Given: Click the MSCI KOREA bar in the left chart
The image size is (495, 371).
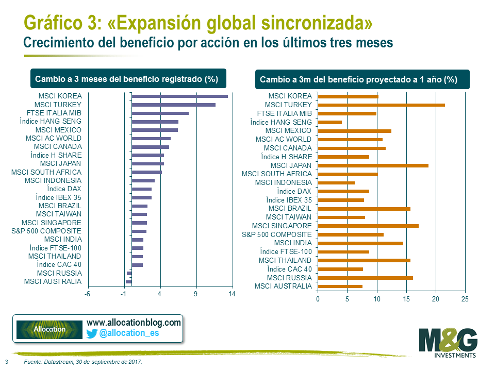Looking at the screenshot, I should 179,96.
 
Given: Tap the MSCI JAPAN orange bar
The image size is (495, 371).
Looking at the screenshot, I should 373,165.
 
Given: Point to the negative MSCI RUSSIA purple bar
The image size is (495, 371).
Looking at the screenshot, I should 129,273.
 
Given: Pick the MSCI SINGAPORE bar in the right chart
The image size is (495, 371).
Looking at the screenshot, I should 368,226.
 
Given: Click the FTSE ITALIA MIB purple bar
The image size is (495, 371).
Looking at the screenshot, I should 160,113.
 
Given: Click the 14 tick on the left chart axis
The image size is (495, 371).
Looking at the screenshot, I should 232,294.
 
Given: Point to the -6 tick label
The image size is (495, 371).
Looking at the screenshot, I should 88,294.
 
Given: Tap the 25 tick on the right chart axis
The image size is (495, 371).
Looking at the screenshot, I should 465,299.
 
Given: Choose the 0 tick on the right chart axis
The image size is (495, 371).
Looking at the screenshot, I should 318,299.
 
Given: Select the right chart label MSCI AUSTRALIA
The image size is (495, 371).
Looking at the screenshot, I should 283,286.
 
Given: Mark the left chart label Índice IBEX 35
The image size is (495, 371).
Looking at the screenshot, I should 58,197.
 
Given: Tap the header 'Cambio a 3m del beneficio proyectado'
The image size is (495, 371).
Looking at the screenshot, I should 358,80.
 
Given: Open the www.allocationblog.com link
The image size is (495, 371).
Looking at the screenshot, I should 134,322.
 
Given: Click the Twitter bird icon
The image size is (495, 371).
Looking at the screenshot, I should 92,333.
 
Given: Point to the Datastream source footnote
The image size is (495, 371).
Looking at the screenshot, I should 82,362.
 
